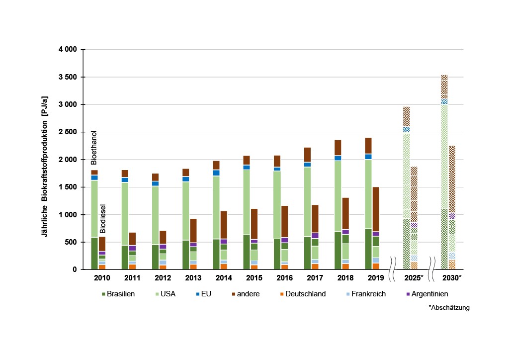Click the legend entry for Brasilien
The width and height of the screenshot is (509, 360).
pos(121,294)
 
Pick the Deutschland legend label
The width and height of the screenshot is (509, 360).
pos(306,294)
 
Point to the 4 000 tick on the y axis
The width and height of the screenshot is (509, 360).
pos(68,50)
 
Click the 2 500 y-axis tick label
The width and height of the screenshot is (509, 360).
pos(68,132)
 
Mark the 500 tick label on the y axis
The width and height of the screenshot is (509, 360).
pos(72,242)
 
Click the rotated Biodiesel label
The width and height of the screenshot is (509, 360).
pos(102,218)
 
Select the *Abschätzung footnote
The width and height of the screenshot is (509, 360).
pos(449,308)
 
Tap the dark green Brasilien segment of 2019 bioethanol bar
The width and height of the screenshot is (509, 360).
pos(369,249)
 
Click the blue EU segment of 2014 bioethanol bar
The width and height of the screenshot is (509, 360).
pos(216,173)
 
